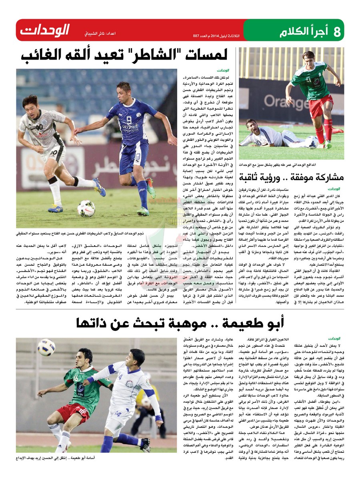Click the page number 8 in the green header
tap(337, 31)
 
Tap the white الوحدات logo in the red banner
tap(44, 30)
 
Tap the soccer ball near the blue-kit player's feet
tap(86, 208)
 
